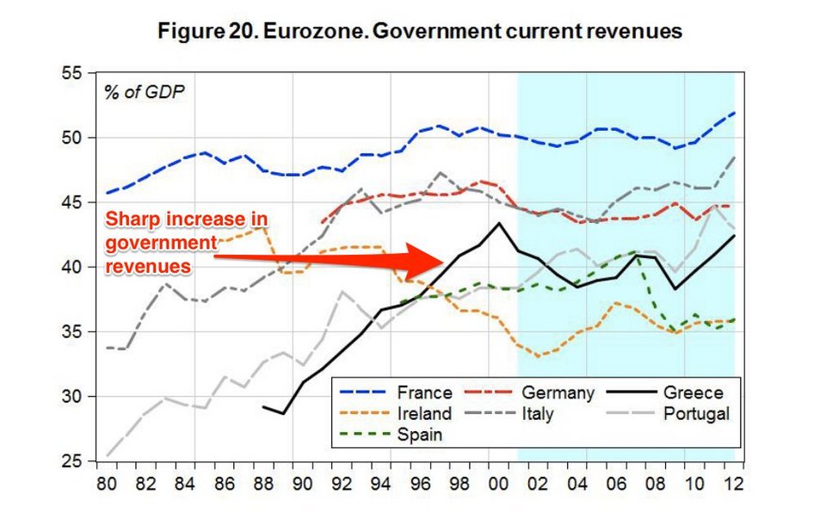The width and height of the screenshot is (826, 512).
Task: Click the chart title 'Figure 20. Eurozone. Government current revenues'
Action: [420, 32]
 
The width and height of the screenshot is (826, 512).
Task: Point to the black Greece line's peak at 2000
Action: [498, 223]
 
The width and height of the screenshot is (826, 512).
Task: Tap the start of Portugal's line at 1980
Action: [108, 455]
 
